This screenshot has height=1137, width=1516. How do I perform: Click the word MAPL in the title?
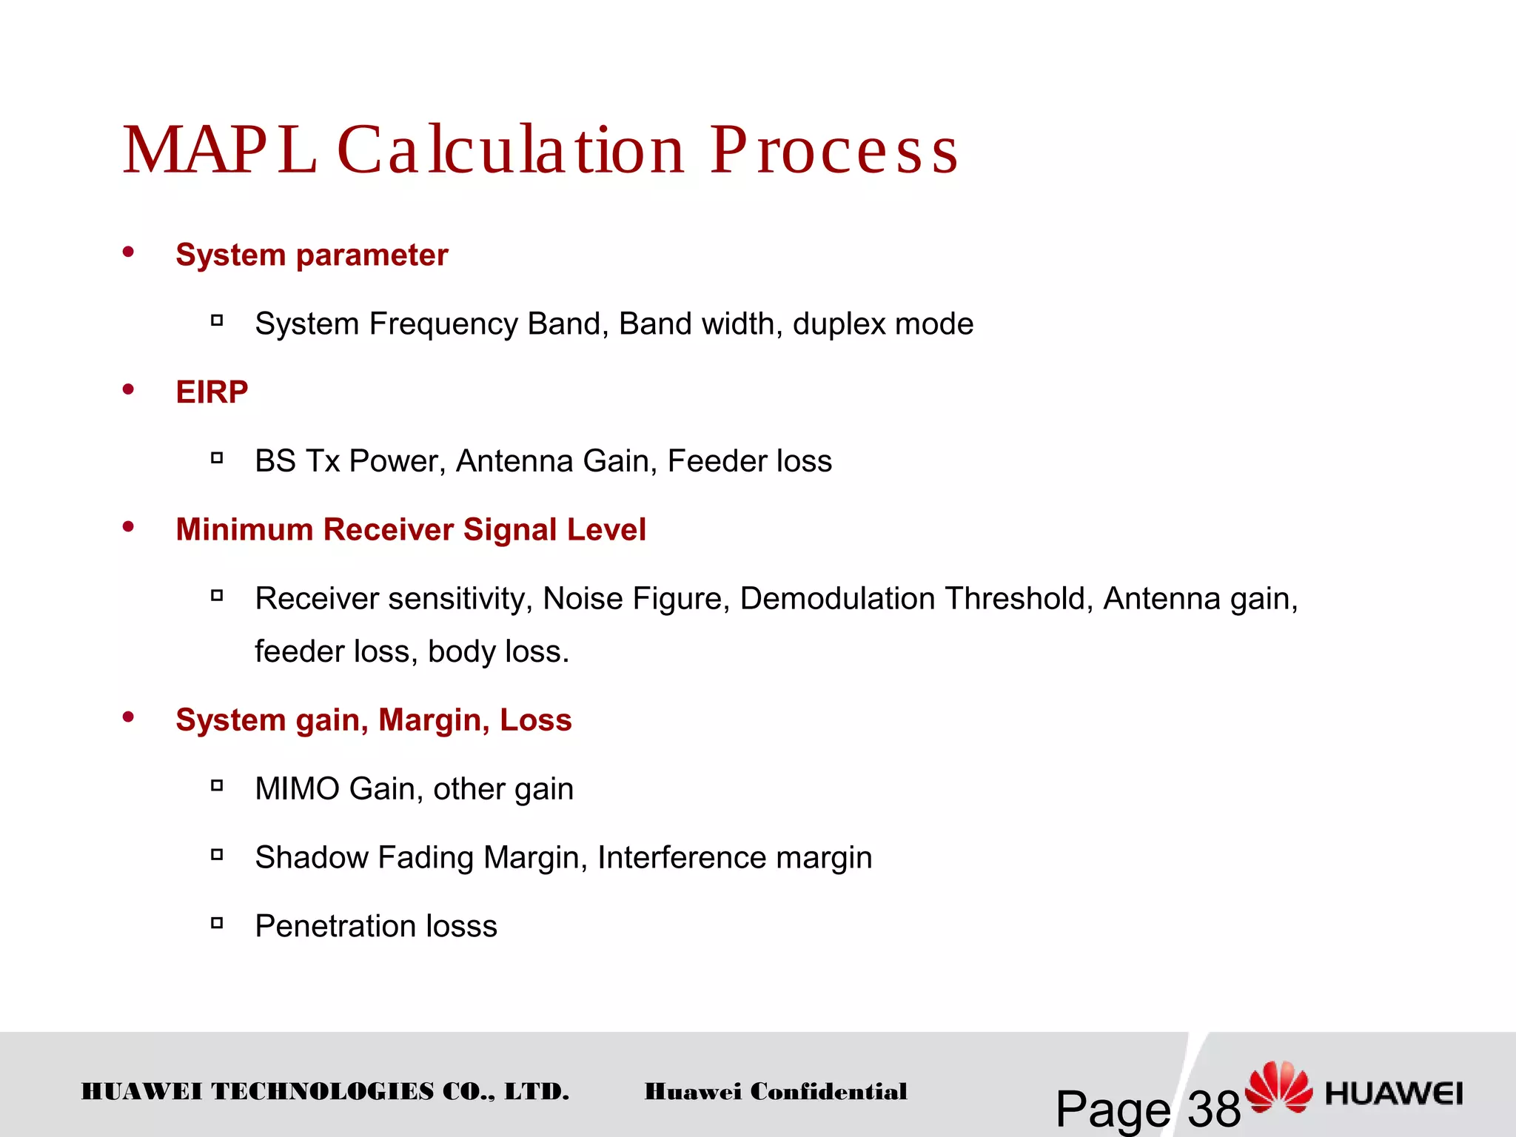(x=219, y=150)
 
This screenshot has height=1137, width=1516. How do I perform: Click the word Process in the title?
(x=834, y=150)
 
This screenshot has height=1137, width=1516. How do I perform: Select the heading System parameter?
(x=312, y=255)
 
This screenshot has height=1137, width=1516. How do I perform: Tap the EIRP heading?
(x=212, y=392)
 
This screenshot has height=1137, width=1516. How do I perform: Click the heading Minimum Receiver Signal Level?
(x=411, y=530)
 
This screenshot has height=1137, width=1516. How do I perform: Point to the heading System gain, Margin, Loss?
(x=374, y=720)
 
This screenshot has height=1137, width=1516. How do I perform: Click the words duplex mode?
(x=883, y=324)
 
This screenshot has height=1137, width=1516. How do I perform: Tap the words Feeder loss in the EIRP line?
(x=750, y=461)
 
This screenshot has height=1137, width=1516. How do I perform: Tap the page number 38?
(x=1214, y=1109)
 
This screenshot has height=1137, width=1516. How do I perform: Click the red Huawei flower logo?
(x=1278, y=1087)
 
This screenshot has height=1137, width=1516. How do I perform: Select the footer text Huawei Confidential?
(x=776, y=1092)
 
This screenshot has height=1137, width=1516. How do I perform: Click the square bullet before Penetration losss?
(x=217, y=923)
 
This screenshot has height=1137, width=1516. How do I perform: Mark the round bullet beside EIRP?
(x=129, y=389)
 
